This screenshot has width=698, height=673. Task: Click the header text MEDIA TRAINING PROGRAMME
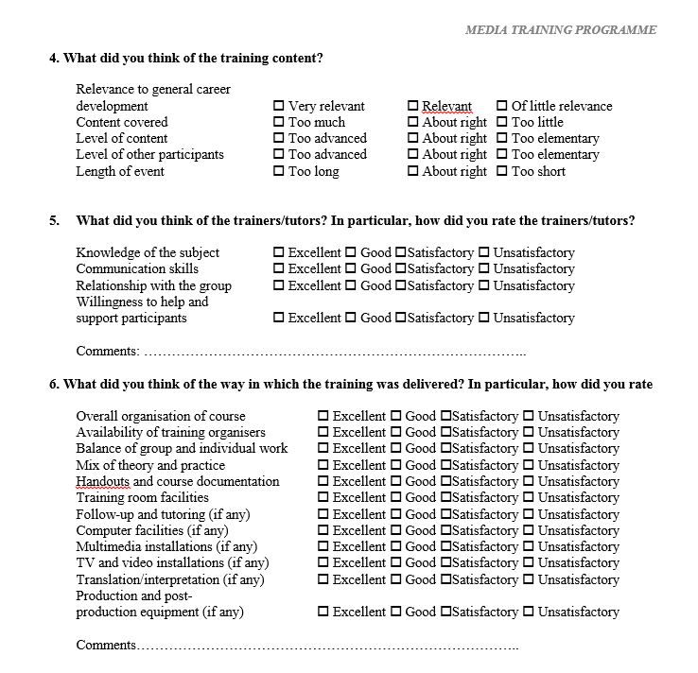[x=561, y=29]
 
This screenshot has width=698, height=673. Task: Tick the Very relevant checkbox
[x=279, y=106]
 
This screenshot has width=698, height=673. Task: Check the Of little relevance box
[x=502, y=106]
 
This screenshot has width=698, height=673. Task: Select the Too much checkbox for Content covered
[x=279, y=122]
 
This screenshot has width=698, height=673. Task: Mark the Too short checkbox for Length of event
[x=502, y=171]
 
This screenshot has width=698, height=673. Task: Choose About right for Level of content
[x=413, y=138]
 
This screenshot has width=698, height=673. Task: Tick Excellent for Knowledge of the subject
[x=279, y=252]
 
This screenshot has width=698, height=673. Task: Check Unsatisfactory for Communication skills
[x=484, y=268]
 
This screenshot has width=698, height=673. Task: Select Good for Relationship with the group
[x=351, y=285]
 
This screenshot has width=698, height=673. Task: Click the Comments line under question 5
[x=331, y=352]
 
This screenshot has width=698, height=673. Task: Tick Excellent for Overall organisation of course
[x=323, y=416]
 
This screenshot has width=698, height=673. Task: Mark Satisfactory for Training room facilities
[x=445, y=497]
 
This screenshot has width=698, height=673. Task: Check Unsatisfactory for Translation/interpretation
[x=529, y=579]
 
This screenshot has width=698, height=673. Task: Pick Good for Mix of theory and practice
[x=396, y=465]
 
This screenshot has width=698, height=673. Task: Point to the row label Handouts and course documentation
[x=177, y=481]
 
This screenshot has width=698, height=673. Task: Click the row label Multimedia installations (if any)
[x=169, y=546]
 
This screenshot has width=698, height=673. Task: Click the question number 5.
[x=54, y=221]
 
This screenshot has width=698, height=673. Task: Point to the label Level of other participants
[x=149, y=154]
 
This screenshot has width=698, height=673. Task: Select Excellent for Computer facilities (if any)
[x=323, y=530]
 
